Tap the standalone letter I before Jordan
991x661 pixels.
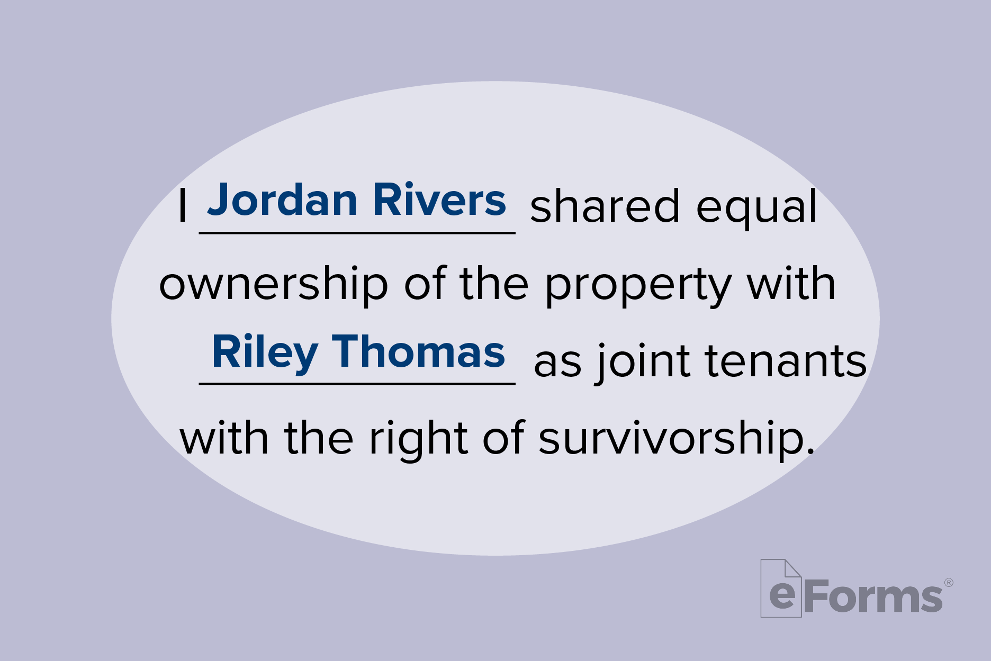[x=183, y=205]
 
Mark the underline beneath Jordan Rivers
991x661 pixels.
[x=357, y=233]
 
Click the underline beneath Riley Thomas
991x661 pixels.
[x=357, y=384]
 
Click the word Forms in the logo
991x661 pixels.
[x=873, y=596]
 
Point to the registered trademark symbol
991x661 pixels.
[x=949, y=583]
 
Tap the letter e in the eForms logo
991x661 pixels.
[x=782, y=595]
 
